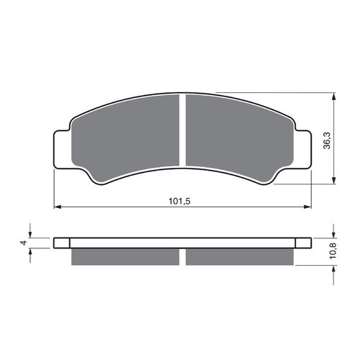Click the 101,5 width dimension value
click(179, 201)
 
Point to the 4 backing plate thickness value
click(24, 243)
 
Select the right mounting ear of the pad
click(303, 150)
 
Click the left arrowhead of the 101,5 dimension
click(58, 207)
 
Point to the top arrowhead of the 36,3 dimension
click(334, 96)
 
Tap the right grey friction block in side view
click(240, 256)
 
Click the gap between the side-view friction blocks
click(183, 256)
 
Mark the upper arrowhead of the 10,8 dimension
click(334, 233)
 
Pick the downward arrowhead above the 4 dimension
click(30, 234)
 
